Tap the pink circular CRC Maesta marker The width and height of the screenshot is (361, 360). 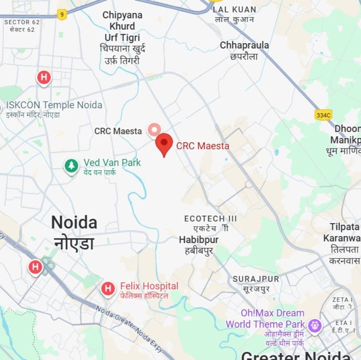[x=154, y=130]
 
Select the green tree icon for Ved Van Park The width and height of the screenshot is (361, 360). [x=71, y=166]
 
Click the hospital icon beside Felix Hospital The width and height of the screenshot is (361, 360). [x=108, y=289]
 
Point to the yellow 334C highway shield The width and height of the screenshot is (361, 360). [x=324, y=115]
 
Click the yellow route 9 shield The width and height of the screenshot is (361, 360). [x=62, y=15]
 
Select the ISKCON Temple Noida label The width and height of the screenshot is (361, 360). [x=54, y=106]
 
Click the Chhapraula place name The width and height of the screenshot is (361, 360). [x=244, y=46]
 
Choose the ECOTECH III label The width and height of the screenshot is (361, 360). [x=210, y=219]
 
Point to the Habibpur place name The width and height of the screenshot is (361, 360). [x=199, y=239]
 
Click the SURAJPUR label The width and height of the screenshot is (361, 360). [x=256, y=279]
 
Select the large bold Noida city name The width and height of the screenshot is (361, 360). [x=74, y=223]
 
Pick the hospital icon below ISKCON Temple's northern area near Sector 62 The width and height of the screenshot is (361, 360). [x=43, y=78]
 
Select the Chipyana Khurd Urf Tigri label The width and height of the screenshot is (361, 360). [x=123, y=32]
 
